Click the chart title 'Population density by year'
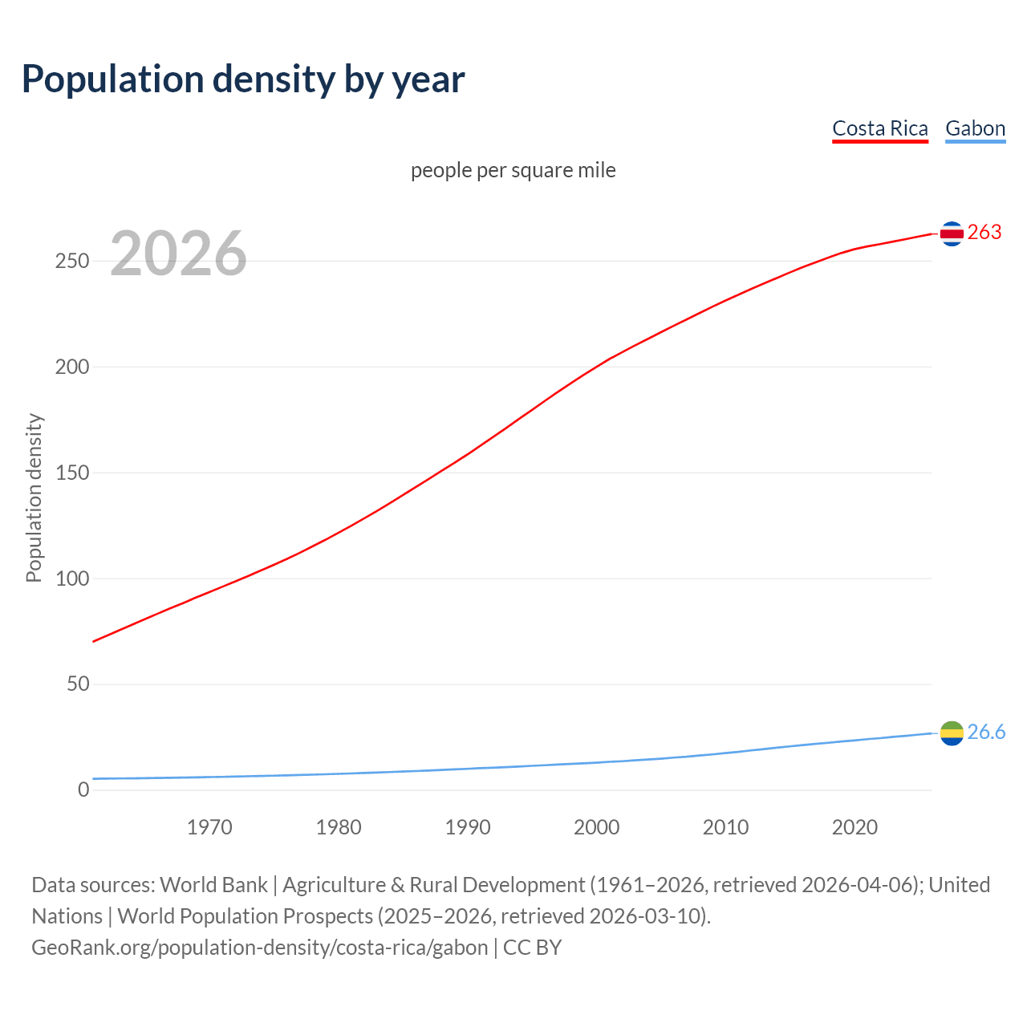[243, 79]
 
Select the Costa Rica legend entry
[879, 128]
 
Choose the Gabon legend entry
[975, 128]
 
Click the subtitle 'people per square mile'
[513, 170]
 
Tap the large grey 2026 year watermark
[178, 254]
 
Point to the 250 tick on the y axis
[72, 262]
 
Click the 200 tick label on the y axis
[72, 367]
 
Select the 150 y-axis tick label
[72, 473]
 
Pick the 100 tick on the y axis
[72, 578]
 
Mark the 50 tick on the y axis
[78, 684]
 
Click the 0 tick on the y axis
[83, 790]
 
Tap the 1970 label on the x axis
[209, 827]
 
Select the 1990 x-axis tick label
[468, 827]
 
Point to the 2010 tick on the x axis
[725, 827]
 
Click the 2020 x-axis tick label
[854, 827]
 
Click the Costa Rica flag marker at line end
[952, 233]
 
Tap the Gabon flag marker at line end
[952, 733]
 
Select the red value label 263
[984, 233]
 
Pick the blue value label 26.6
[986, 733]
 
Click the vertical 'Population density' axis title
[34, 497]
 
